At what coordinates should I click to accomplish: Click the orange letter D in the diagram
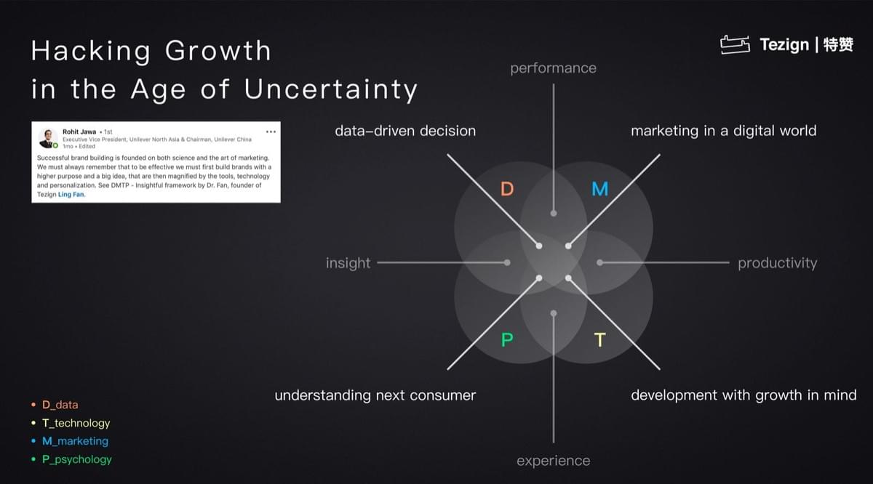tap(506, 189)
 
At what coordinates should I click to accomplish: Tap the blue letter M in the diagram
tap(599, 189)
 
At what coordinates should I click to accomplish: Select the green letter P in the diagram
tap(506, 339)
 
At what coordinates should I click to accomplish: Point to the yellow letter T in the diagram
tap(599, 339)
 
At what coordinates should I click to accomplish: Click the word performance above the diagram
tap(553, 68)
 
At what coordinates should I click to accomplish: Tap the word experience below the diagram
tap(553, 461)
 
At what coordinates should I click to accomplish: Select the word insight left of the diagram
tap(348, 263)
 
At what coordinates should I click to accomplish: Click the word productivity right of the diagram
tap(777, 263)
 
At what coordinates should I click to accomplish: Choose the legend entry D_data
tap(60, 405)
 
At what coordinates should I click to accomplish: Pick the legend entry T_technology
tap(76, 423)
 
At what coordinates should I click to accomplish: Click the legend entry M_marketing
tap(75, 441)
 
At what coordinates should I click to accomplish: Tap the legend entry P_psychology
tap(77, 459)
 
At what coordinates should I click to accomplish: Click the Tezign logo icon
tap(735, 44)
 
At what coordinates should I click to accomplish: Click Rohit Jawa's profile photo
tap(48, 138)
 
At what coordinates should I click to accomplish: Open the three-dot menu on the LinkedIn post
tap(271, 132)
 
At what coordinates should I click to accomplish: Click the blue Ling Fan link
tap(71, 194)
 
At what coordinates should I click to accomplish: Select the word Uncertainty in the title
tap(331, 90)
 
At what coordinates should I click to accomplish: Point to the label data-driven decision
tap(405, 131)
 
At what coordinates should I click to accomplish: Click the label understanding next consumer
tap(375, 395)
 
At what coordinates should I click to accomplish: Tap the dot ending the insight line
tap(507, 263)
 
